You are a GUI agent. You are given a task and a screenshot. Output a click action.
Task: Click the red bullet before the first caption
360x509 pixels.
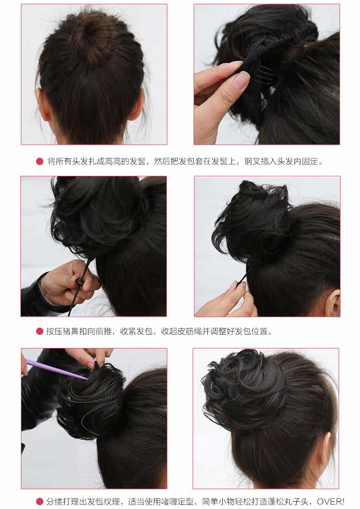click(x=40, y=161)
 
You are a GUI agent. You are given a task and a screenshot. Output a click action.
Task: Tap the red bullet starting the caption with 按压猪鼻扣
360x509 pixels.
click(x=40, y=331)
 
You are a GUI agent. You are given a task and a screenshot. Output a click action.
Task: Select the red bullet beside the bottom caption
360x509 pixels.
click(x=40, y=501)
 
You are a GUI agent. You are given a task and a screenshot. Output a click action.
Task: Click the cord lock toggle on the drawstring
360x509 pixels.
click(x=81, y=283)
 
